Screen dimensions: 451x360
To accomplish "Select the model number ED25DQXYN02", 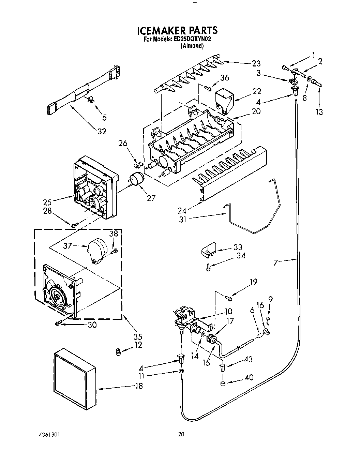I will [x=192, y=39].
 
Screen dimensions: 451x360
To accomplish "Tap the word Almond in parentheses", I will [x=192, y=46].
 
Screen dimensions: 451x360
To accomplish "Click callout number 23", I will [x=256, y=63].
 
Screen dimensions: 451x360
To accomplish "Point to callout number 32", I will [x=102, y=131].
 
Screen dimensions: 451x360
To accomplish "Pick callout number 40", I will [x=249, y=377].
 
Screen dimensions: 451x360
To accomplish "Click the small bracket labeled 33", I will [x=208, y=249].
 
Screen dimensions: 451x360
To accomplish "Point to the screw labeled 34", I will [x=208, y=268].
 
